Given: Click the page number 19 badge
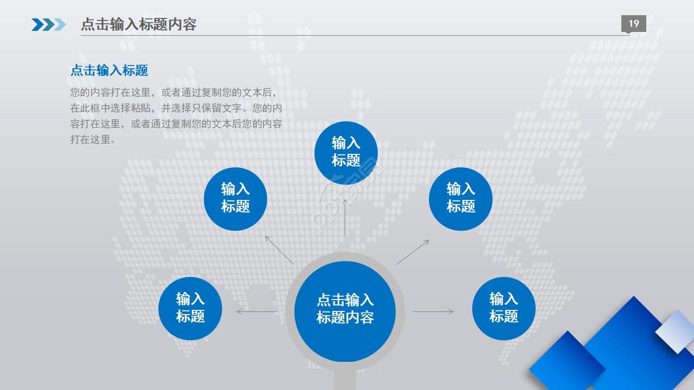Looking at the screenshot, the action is coord(634,24).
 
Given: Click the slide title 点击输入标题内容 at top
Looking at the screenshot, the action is coord(138,24).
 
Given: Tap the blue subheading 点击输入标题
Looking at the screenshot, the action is coord(110,70).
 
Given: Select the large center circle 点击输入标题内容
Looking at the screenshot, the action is coord(345,311).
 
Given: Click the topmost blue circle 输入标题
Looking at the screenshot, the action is coord(346,153).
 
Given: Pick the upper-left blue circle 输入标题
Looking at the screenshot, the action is coord(235,199).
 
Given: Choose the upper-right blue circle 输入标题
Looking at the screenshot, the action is coord(460,199).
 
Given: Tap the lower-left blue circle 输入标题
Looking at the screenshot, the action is coord(190,308).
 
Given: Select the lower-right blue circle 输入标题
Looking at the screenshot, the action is coord(504,308).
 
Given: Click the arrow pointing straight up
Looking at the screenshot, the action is coord(345,218).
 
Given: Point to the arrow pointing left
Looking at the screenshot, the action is coord(257,311).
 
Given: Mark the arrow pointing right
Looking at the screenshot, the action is coord(433,311).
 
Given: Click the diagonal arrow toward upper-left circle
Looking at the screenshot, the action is coord(279,250).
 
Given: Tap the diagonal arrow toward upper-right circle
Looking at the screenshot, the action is coord(413,252).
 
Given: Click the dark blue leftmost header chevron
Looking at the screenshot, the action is coord(38,25).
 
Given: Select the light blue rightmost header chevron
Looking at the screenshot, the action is coord(60,25).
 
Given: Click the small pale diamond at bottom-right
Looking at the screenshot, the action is coord(676,331).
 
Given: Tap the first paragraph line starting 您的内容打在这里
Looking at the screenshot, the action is coord(173,92).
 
